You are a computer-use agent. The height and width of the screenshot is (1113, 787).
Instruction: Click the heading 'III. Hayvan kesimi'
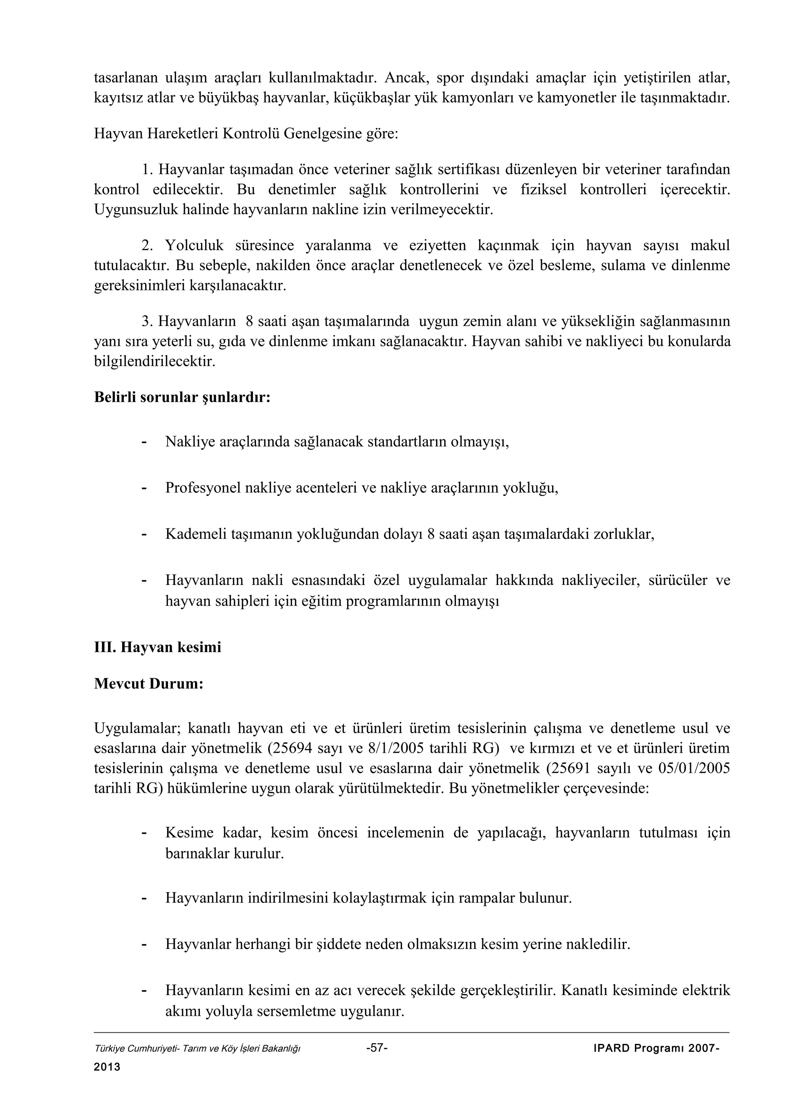point(157,647)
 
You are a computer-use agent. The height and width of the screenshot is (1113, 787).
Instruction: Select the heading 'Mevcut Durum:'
point(148,684)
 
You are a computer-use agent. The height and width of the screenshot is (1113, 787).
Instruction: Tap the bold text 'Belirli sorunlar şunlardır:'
point(182,397)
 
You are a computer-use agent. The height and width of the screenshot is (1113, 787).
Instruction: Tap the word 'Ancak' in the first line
point(405,78)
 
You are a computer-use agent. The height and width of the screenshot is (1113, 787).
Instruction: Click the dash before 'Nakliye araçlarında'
point(144,442)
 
